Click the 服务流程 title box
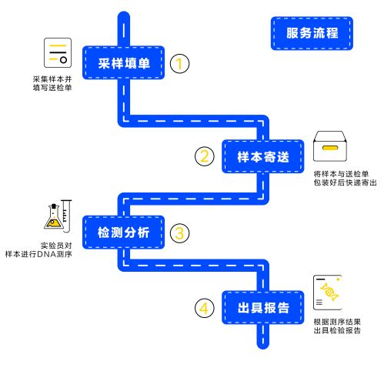(312, 33)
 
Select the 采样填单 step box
(123, 62)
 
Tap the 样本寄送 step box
(262, 156)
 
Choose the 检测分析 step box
(123, 233)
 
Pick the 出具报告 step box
(262, 307)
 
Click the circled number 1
(179, 63)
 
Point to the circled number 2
(205, 156)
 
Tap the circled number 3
(179, 233)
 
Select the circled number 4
(205, 308)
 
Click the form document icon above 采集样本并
(58, 53)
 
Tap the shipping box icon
(330, 146)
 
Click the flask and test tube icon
(58, 216)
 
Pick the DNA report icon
(328, 293)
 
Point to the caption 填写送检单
(52, 88)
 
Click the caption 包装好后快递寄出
(345, 182)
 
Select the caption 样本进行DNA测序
(38, 254)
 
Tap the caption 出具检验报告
(337, 330)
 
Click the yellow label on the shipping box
(330, 148)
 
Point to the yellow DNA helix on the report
(329, 292)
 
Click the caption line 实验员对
(56, 246)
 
